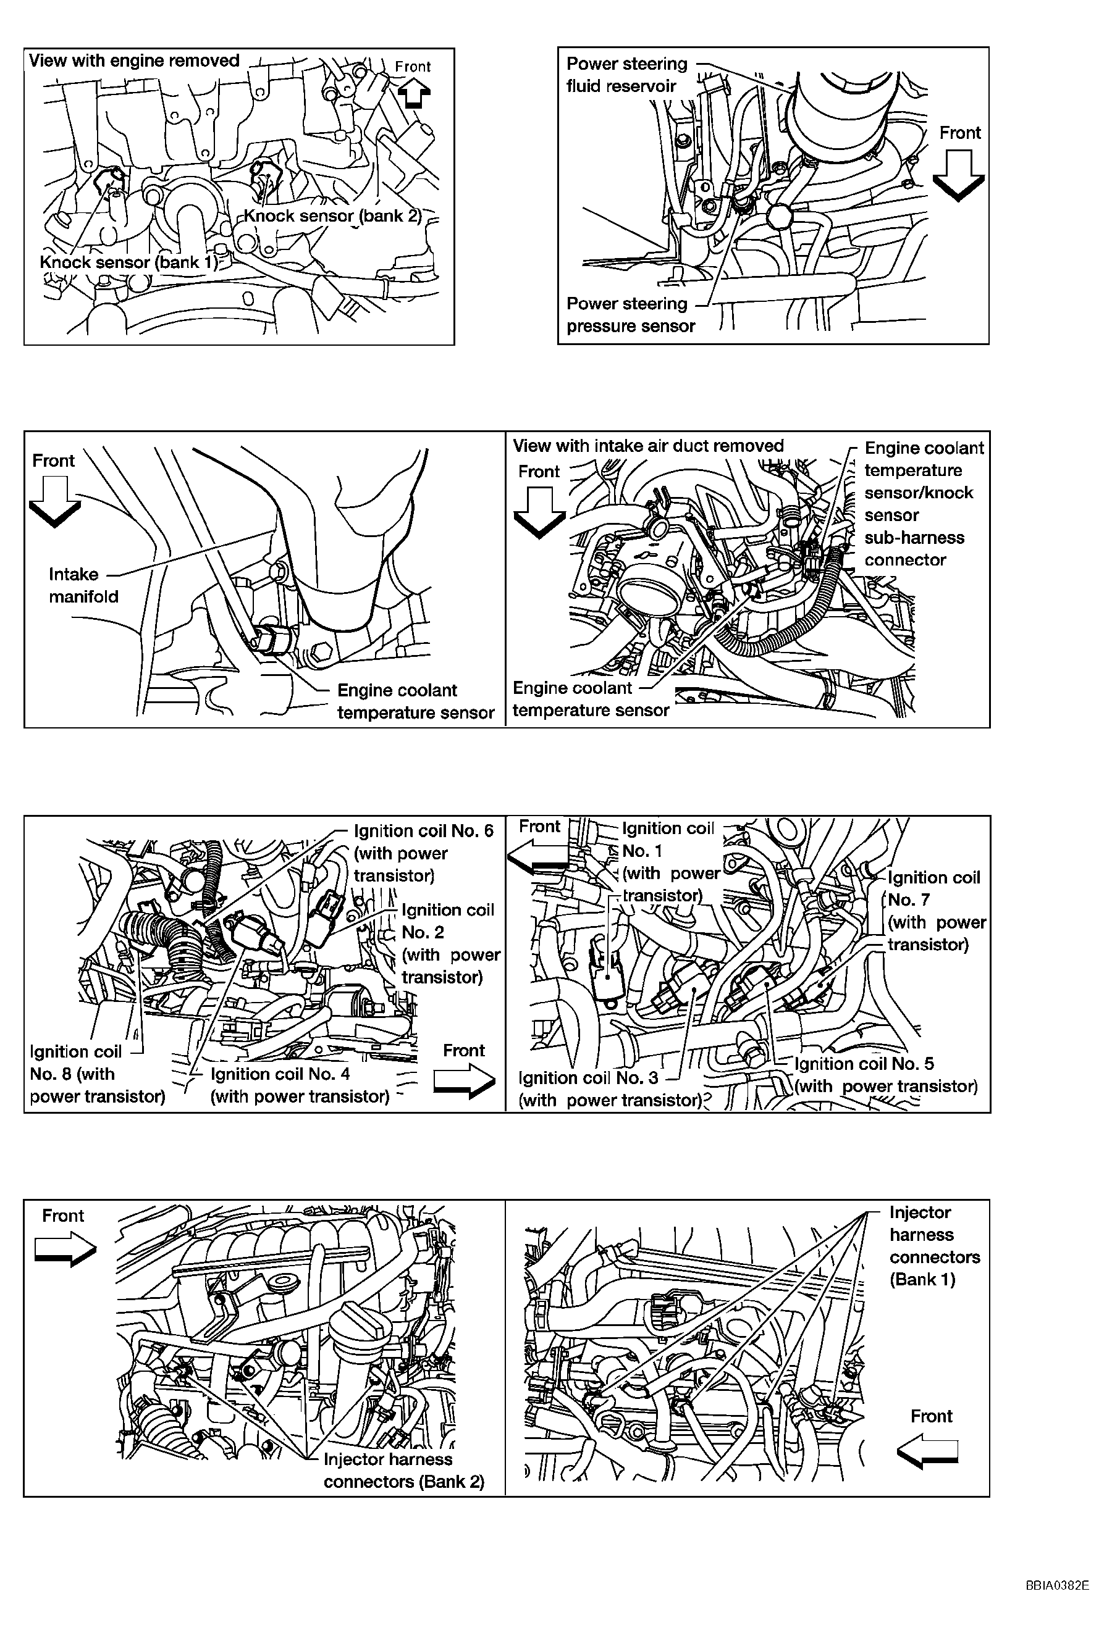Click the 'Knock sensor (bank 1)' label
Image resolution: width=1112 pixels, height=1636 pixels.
(128, 262)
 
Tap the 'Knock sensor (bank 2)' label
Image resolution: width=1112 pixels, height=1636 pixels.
(332, 216)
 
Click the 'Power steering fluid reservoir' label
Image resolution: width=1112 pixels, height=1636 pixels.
(627, 75)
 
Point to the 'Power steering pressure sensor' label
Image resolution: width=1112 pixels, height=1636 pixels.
(631, 315)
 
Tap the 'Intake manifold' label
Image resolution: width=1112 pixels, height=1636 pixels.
(83, 585)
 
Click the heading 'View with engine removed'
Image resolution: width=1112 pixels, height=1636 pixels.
(134, 61)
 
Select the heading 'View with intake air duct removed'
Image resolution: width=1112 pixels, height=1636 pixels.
(648, 446)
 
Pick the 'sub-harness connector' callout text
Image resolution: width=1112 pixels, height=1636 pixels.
(914, 548)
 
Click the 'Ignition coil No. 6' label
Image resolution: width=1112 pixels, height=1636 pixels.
(424, 853)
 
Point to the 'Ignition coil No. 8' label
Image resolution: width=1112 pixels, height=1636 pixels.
(97, 1074)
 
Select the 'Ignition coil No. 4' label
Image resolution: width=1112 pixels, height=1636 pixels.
(300, 1085)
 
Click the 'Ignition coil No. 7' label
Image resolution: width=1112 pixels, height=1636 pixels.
(937, 911)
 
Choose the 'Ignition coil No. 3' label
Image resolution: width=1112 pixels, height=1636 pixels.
(610, 1089)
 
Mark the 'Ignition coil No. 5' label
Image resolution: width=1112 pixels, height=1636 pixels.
(886, 1075)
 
